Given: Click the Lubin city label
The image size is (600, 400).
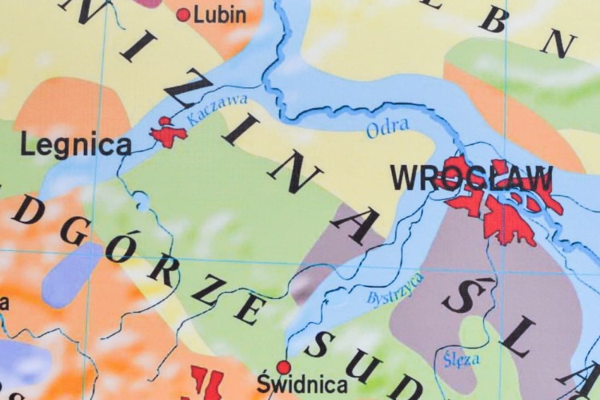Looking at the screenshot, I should (x=221, y=14).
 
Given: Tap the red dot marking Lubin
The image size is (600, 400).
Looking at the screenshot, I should (x=183, y=14).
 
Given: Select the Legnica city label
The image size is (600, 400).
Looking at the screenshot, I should (x=75, y=146).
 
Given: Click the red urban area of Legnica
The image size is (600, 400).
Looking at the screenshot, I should (x=167, y=133).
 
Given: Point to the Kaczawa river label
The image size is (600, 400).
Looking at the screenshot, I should (x=218, y=111).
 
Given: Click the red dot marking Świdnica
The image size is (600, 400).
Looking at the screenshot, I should (x=283, y=367).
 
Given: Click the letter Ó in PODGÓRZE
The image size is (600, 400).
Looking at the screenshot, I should (x=120, y=247).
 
